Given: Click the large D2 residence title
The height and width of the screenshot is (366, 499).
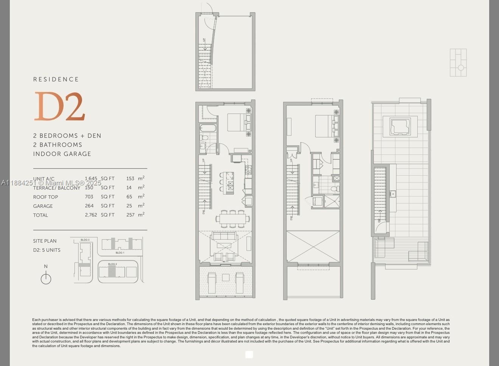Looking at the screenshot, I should click(60, 107).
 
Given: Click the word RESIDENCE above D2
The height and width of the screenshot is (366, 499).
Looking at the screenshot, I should click(56, 79).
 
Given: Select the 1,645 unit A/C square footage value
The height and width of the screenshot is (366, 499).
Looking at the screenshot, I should click(91, 179).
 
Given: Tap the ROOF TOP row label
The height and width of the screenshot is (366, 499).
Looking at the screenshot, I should click(45, 197).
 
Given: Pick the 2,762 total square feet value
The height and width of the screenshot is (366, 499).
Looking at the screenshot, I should click(91, 215).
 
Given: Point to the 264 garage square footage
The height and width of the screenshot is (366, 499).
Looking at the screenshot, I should click(89, 206).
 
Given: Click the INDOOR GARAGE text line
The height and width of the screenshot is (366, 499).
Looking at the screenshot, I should click(62, 154).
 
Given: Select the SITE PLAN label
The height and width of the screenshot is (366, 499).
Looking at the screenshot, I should click(45, 241).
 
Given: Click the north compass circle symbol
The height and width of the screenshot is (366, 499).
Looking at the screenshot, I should click(46, 279).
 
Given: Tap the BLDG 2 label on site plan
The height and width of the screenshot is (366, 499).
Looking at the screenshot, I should click(112, 264).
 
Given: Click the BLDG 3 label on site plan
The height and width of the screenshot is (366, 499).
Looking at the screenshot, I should click(85, 240).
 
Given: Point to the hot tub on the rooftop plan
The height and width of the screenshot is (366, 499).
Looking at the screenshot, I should click(400, 126).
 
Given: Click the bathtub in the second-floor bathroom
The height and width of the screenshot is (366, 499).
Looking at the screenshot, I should click(208, 128).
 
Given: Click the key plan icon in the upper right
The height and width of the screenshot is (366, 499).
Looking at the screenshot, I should click(458, 63).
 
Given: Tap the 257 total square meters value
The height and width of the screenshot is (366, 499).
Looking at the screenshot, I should click(130, 215).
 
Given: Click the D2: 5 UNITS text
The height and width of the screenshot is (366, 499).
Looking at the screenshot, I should click(46, 250).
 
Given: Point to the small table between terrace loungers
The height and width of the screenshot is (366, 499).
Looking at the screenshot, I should click(226, 277).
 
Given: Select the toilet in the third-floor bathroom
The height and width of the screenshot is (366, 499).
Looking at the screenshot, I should click(334, 188).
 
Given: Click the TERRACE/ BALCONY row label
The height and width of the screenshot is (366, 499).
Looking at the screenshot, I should click(57, 188).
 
